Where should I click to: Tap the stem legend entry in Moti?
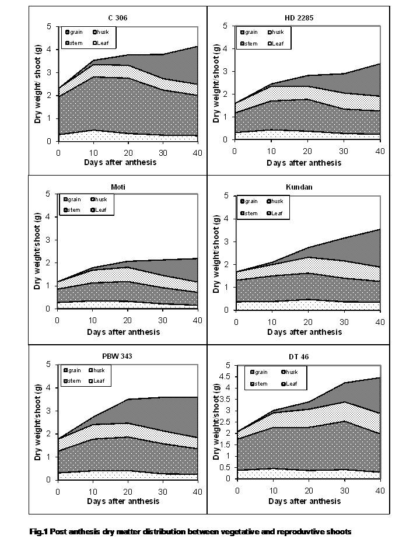pyautogui.click(x=74, y=210)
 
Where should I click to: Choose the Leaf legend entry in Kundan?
pyautogui.click(x=277, y=213)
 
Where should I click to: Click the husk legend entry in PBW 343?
pyautogui.click(x=99, y=370)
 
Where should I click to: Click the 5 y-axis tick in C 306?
pyautogui.click(x=51, y=27)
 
